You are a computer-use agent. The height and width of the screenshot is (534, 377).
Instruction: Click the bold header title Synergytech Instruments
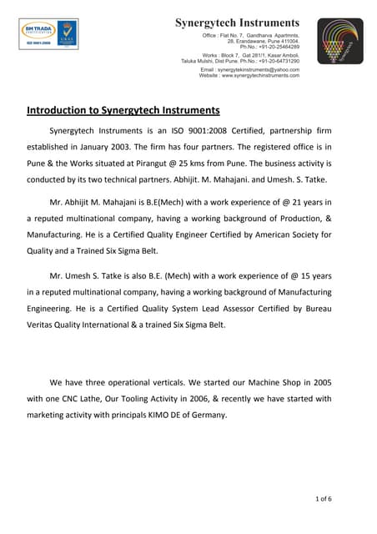pyautogui.click(x=237, y=22)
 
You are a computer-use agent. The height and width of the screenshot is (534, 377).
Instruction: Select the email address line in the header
pyautogui.click(x=249, y=69)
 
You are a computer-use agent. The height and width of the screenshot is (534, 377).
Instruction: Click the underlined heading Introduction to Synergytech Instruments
pyautogui.click(x=123, y=110)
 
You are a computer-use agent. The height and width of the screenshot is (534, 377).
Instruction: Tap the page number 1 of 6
pyautogui.click(x=324, y=499)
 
